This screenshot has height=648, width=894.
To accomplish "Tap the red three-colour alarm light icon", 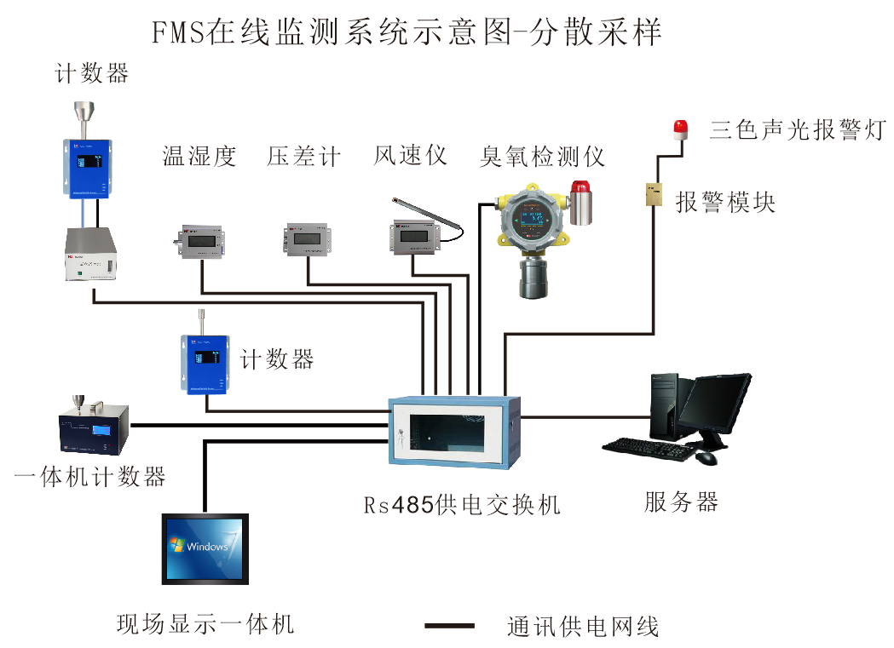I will (x=680, y=129).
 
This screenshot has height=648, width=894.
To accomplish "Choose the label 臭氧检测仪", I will (x=542, y=157).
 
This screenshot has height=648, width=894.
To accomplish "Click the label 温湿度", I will (x=199, y=157).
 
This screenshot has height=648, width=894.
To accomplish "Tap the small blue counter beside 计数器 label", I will (x=205, y=362).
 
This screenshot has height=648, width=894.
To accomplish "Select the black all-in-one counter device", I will (x=94, y=431).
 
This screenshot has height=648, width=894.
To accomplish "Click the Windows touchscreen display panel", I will (x=205, y=548).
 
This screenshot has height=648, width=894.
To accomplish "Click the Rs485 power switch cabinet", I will (x=453, y=433).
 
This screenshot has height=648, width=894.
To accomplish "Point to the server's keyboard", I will (x=648, y=449).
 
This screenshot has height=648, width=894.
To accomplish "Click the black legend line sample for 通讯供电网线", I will (x=449, y=627).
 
